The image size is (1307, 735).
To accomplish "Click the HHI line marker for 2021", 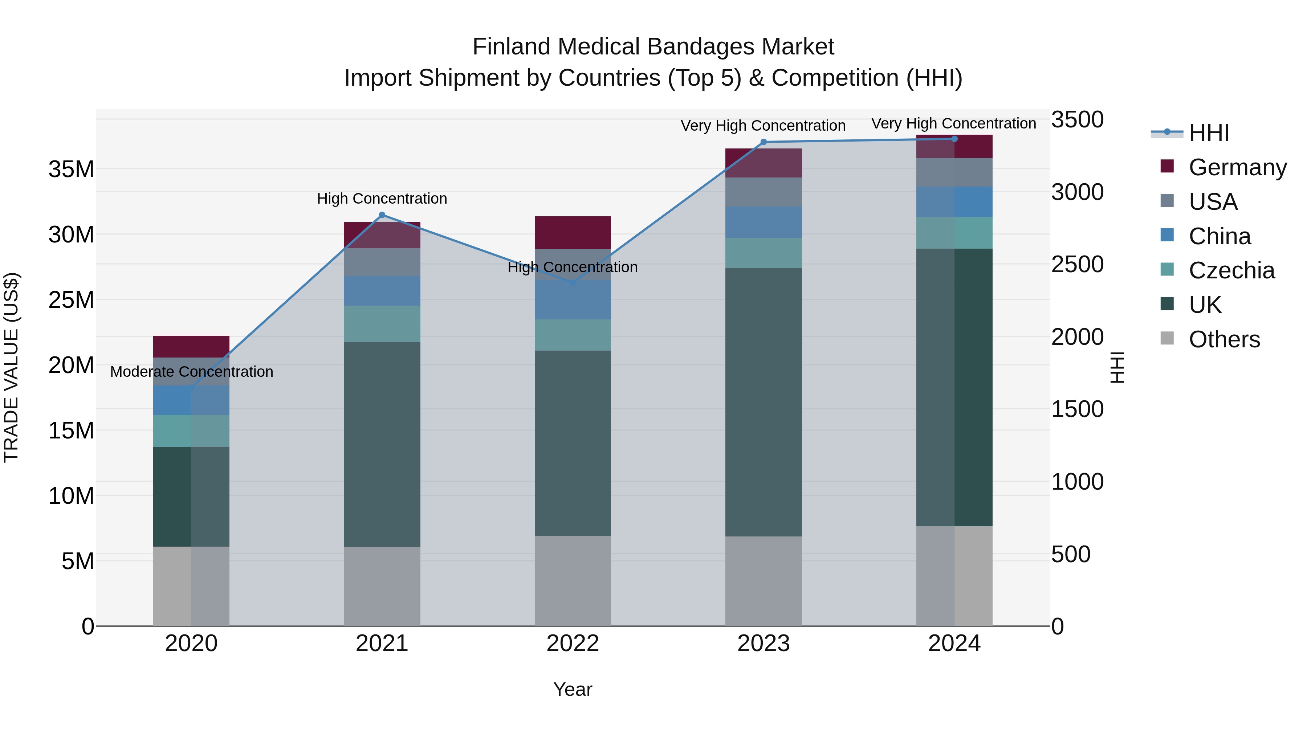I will tap(382, 215).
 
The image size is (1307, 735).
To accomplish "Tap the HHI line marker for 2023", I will tap(764, 142).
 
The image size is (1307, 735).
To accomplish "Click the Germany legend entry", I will tap(1237, 167).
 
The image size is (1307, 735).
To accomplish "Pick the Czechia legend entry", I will tap(1231, 270).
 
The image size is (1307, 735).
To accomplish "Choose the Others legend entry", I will tap(1224, 339).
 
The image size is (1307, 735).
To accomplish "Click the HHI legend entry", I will tap(1209, 133).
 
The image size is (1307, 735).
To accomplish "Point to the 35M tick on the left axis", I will tap(71, 169).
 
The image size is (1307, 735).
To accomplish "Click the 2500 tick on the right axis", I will tap(1077, 264).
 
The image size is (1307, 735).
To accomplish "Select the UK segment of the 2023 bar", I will tap(764, 402).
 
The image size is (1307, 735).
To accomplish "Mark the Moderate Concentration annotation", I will tap(191, 372).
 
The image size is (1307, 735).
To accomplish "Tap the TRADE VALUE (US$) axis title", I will tap(11, 367).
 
